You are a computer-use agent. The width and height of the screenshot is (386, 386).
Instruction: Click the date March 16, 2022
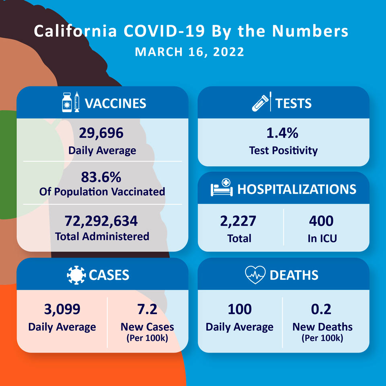[189, 52]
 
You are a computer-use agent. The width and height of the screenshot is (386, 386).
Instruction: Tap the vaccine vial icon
[67, 103]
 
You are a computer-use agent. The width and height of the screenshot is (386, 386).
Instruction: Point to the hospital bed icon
[222, 188]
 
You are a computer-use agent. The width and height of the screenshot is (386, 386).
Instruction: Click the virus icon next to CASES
[76, 275]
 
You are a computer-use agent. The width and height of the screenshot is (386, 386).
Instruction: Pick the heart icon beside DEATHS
[255, 275]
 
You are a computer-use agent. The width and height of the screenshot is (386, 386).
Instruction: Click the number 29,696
[101, 133]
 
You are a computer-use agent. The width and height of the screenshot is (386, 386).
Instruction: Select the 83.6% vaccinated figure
[101, 177]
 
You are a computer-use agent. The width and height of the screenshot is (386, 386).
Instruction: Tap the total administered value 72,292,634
[101, 221]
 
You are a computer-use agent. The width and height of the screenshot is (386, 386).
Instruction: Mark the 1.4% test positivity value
[282, 133]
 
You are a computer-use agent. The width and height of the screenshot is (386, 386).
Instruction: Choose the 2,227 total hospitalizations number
[238, 221]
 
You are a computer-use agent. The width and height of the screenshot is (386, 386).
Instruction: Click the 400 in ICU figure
[321, 221]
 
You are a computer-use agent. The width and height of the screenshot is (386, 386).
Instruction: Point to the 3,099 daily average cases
[62, 309]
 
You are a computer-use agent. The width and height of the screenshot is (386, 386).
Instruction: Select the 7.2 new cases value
[147, 309]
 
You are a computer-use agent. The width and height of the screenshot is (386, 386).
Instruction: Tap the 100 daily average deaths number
[240, 309]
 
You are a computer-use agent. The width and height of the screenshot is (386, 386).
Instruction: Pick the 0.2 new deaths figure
[321, 309]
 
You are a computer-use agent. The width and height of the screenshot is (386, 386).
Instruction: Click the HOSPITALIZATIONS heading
[297, 189]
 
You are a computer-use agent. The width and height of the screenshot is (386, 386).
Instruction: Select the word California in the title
[75, 31]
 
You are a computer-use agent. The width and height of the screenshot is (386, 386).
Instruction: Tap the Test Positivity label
[283, 150]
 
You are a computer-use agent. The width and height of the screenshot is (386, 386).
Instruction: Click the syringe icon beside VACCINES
[77, 102]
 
